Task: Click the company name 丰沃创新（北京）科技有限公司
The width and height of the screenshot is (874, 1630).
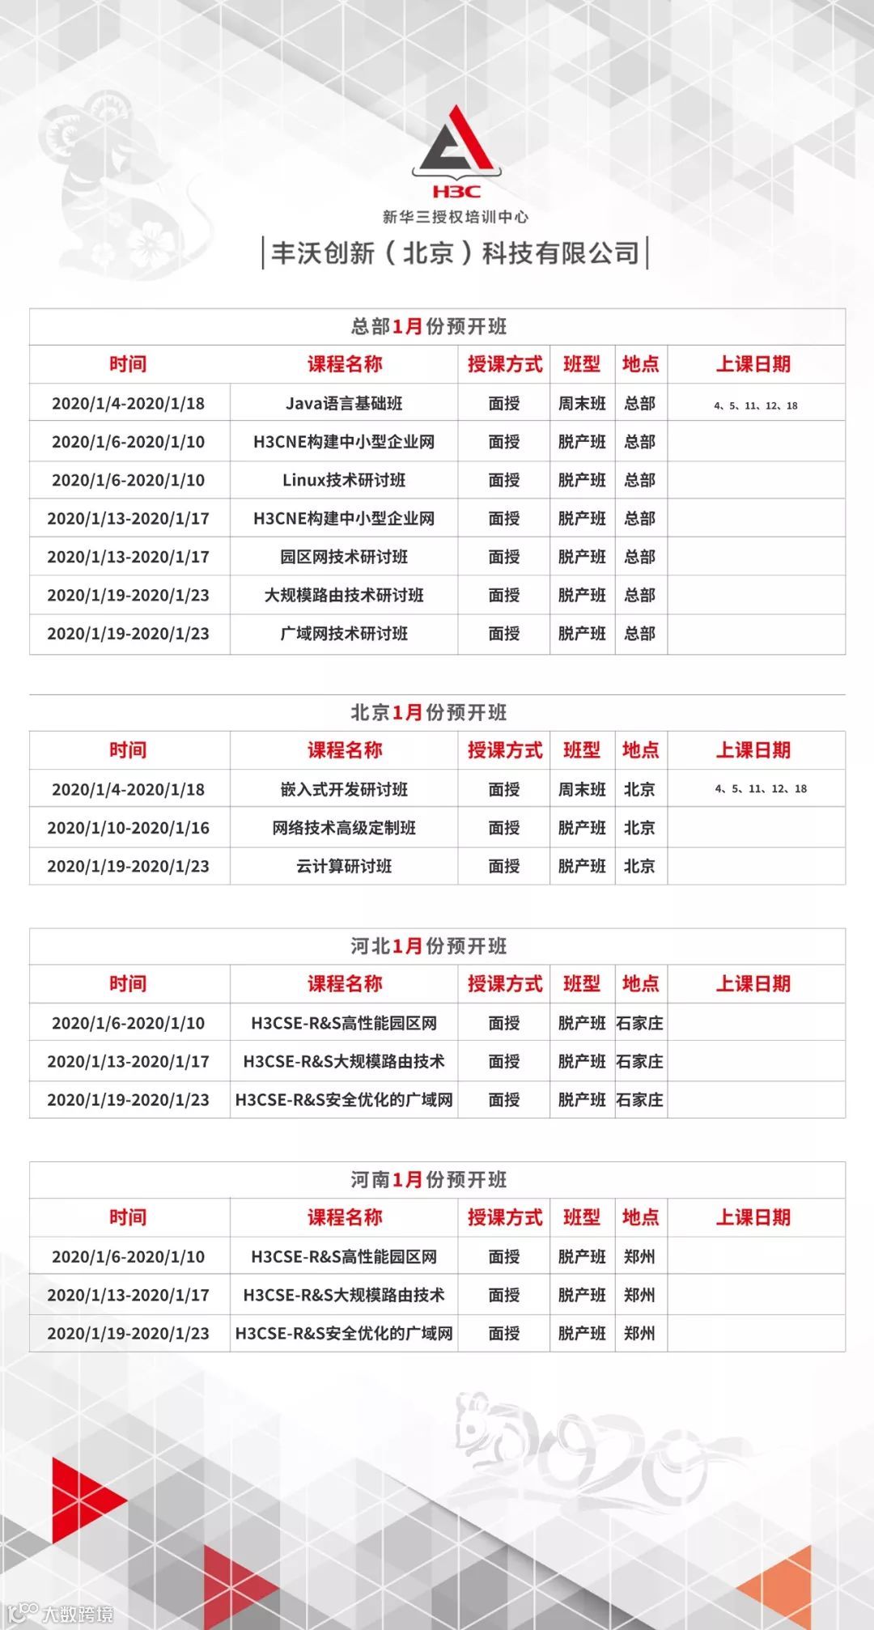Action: [456, 253]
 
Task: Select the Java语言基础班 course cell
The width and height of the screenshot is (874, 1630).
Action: [344, 403]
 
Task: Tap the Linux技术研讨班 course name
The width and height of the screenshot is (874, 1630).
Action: [344, 480]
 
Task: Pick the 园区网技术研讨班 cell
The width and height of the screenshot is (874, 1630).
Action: [344, 557]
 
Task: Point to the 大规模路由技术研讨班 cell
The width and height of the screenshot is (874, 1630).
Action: [344, 595]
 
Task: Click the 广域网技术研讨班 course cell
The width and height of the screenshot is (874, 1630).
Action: [344, 634]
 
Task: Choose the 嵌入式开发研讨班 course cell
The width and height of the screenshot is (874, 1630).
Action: [344, 789]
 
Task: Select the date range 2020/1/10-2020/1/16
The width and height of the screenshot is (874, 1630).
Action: [129, 828]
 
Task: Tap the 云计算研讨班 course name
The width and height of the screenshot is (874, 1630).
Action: [344, 866]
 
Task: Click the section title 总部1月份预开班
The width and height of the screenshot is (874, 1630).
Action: [429, 326]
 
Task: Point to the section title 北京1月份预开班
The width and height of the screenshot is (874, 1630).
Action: [429, 712]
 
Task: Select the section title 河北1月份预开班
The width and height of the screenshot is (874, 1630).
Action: [429, 946]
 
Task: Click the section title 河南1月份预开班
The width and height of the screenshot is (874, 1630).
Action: [429, 1179]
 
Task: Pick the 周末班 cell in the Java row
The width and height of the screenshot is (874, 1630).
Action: [582, 403]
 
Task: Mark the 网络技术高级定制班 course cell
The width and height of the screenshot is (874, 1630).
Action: [344, 828]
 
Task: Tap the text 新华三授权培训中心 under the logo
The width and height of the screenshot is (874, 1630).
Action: [456, 217]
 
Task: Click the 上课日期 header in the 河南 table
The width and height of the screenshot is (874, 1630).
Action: [753, 1217]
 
